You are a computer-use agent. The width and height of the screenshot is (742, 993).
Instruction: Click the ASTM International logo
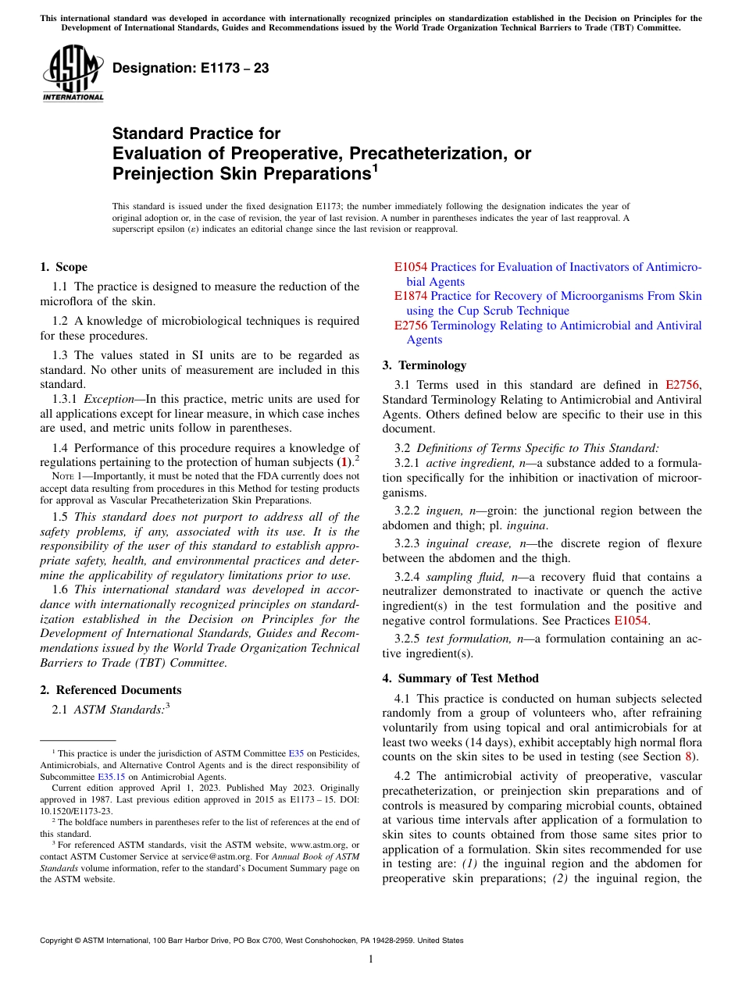[72, 73]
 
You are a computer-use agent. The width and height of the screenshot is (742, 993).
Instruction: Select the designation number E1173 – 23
[191, 69]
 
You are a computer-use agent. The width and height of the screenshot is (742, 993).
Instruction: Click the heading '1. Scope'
[63, 267]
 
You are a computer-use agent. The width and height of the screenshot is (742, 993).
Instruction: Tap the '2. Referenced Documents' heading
[110, 690]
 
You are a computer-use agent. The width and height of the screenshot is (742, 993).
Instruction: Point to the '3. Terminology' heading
[424, 365]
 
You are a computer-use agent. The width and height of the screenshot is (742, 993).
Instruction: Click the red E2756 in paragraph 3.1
[683, 384]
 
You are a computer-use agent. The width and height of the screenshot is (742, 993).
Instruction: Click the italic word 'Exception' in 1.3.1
[109, 399]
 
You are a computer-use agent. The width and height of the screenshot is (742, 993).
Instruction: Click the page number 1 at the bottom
[371, 959]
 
